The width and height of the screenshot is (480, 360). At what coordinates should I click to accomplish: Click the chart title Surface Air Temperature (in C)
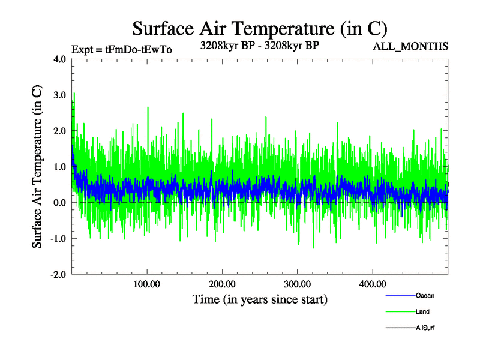coord(259,29)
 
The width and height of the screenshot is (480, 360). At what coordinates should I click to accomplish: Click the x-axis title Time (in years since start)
coord(260,299)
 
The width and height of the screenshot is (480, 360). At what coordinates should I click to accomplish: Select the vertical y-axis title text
coord(37,167)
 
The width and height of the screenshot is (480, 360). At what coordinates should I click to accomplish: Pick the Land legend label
coord(422,312)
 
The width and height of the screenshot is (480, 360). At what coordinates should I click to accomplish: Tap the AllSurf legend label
coord(425,328)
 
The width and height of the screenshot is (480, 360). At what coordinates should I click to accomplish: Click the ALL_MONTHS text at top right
coord(410,46)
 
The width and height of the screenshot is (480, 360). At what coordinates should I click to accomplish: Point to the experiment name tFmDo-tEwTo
coord(139,50)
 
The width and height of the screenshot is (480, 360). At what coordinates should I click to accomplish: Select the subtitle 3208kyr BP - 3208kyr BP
coord(259,44)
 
